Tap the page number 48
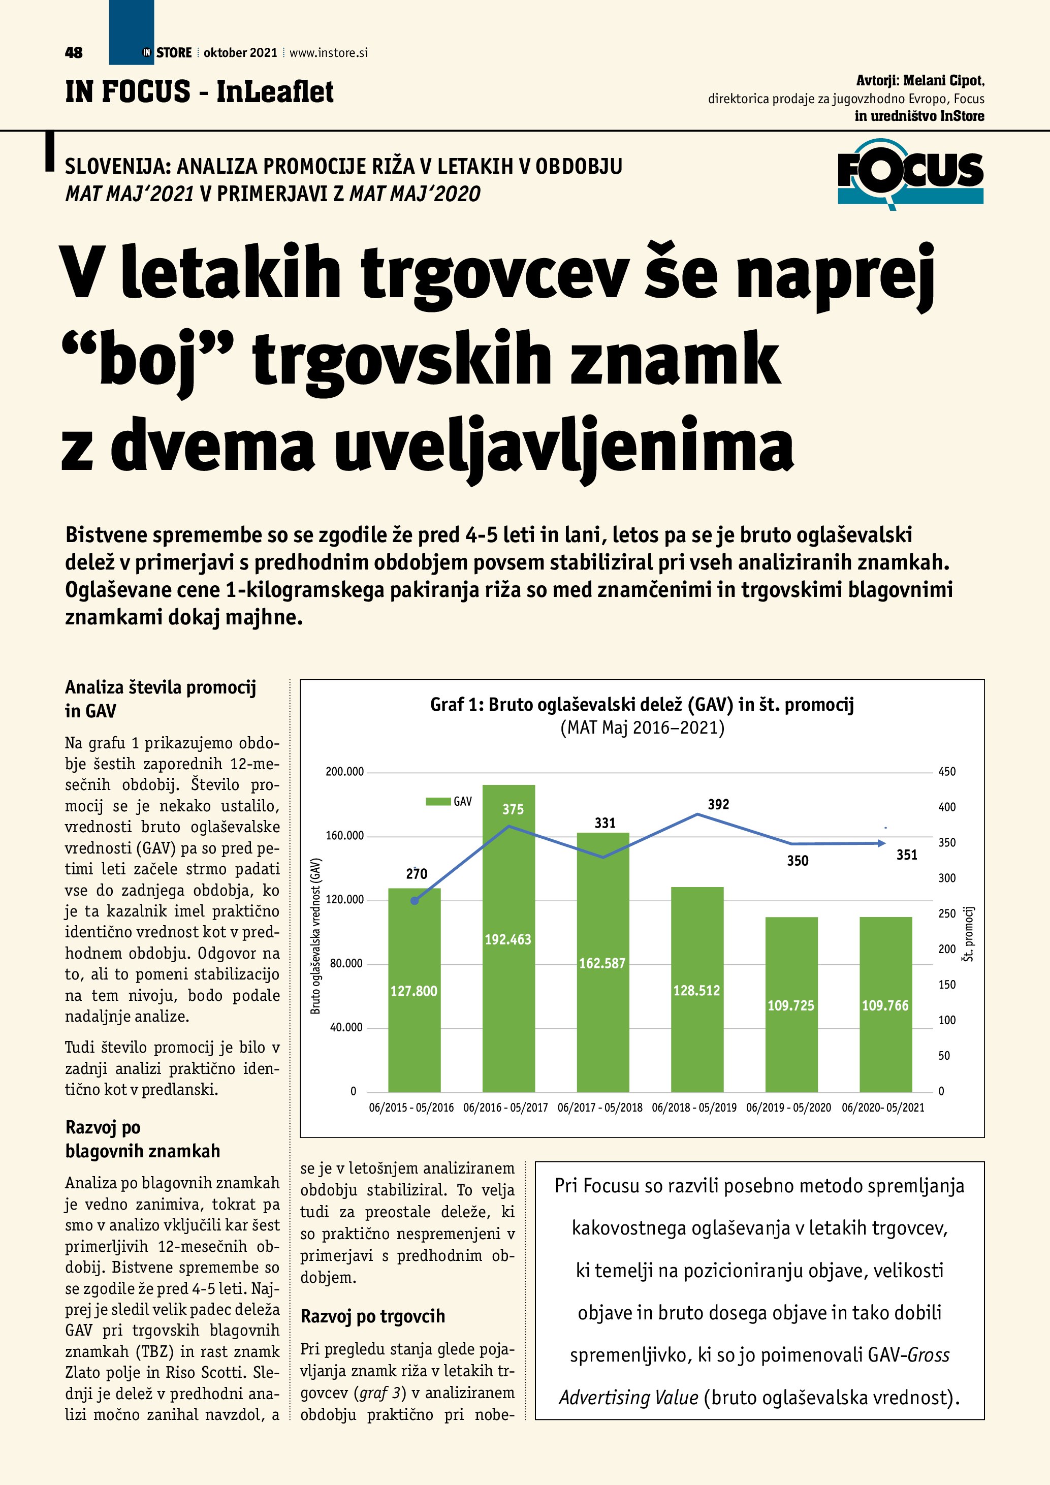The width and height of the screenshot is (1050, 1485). [x=74, y=53]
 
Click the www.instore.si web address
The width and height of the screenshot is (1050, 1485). [x=329, y=53]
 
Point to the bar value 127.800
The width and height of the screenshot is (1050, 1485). [x=414, y=991]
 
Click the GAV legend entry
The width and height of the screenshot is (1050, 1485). [x=450, y=801]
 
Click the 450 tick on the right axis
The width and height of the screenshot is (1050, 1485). [x=946, y=772]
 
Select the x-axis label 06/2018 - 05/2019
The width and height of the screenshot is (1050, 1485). [x=694, y=1108]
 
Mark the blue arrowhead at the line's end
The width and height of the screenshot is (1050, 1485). [x=881, y=843]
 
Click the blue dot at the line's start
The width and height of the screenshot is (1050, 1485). [x=415, y=900]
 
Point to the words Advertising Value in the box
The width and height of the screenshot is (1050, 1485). [x=628, y=1398]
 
